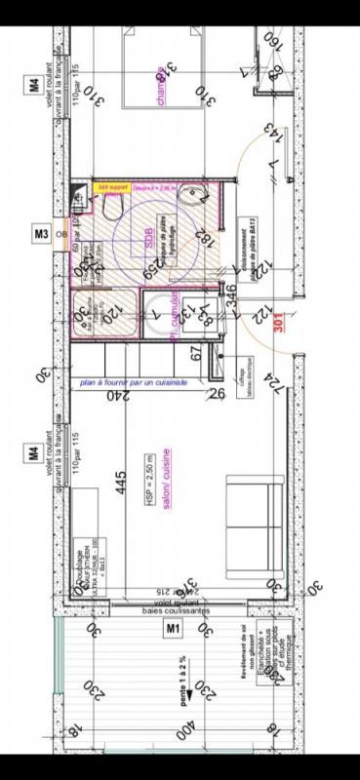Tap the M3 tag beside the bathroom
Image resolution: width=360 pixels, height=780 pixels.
click(42, 234)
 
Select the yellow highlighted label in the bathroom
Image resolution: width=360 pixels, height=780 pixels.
click(110, 185)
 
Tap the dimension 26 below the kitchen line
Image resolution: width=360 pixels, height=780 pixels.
click(217, 393)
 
